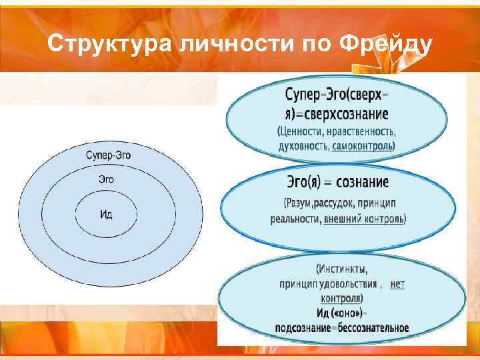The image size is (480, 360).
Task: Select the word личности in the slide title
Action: pos(226,44)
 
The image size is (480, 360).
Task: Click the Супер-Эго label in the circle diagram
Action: pos(108,155)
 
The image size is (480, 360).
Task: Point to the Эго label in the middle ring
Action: pos(106,179)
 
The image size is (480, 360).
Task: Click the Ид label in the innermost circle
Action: pos(107,214)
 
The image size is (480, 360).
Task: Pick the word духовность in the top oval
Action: pos(303,145)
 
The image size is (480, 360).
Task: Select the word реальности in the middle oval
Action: pos(295,218)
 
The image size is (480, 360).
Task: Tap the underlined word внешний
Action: pos(341,218)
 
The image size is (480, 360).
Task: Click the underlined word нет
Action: pos(397,284)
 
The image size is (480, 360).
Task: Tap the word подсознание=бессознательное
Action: pos(342,327)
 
